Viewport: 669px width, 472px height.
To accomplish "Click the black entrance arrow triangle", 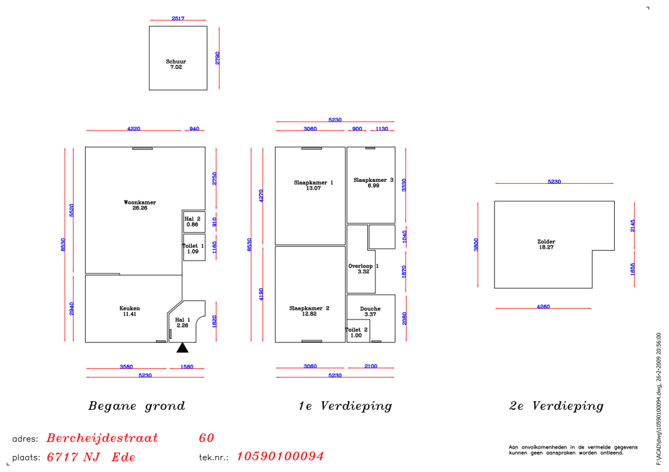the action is [183, 348].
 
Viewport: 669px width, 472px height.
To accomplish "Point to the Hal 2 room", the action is [194, 222].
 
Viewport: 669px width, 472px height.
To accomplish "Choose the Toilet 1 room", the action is [194, 247].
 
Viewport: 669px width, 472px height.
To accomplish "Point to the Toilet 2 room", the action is [358, 331].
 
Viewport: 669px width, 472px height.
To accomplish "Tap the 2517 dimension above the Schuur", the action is [178, 18].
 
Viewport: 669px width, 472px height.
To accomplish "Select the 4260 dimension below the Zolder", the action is [543, 307].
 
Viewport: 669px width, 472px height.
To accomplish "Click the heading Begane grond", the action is [136, 406].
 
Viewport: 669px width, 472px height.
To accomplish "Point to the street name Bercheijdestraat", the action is [102, 438].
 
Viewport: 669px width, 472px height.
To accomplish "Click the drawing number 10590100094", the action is [280, 456].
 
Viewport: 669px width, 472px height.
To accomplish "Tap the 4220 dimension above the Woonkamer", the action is [134, 129].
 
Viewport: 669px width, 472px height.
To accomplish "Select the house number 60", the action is [207, 438].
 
